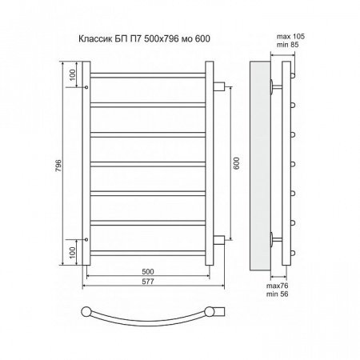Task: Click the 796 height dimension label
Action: pos(58,166)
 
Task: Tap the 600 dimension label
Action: pos(236,163)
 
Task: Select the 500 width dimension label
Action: pos(148,271)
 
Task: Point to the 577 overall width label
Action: pos(148,282)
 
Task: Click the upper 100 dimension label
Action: pos(73,75)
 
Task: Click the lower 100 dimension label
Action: pos(73,253)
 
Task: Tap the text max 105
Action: pos(290,36)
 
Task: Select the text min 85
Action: pos(288,45)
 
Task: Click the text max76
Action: pos(278,286)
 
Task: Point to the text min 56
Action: pos(278,294)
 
